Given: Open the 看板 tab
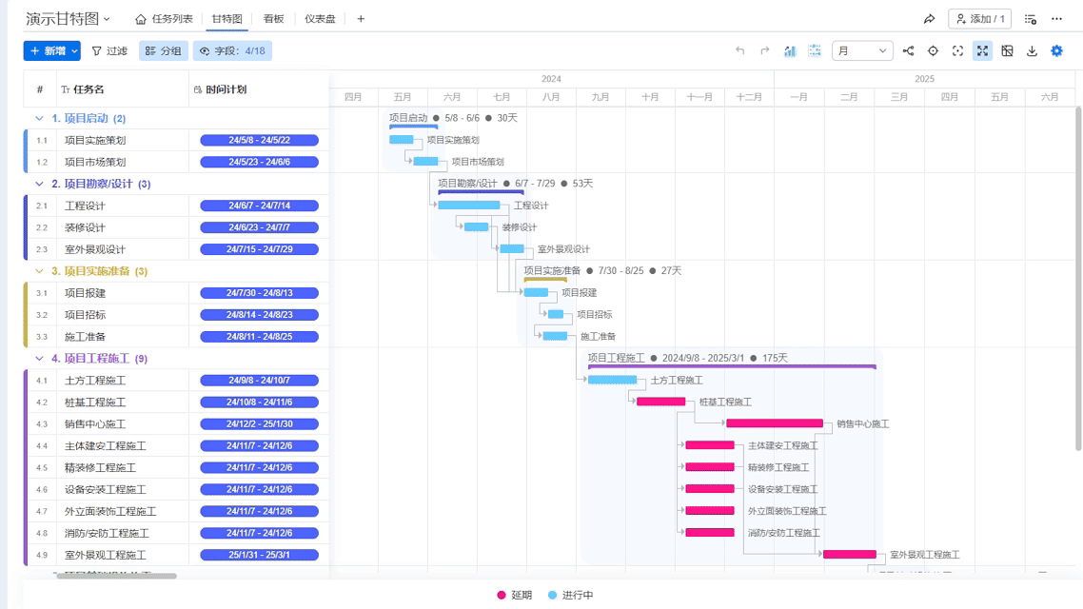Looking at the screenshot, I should [x=274, y=19].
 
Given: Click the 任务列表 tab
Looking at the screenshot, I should [x=165, y=19].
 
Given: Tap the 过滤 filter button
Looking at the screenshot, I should [x=109, y=51].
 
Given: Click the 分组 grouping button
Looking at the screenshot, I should [x=163, y=51].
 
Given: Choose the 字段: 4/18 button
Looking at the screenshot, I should [x=232, y=51].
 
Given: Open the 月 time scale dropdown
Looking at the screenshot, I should [x=862, y=51].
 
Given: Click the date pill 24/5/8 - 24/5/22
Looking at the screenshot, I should [x=259, y=140].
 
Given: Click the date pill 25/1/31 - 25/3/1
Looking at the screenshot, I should [x=259, y=555].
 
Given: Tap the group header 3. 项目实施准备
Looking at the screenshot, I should [x=99, y=271].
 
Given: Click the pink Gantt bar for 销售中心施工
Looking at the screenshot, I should [x=774, y=423].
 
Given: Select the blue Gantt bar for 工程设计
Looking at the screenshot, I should [x=468, y=206].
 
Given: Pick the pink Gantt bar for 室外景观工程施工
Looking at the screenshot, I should [x=849, y=555].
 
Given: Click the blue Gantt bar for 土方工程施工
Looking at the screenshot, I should [x=612, y=380].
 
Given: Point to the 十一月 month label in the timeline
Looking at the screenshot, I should [x=699, y=97].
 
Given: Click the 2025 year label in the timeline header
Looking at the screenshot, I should [x=924, y=79].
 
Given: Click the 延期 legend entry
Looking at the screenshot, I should [x=515, y=596].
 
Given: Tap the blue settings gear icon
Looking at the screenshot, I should [x=1056, y=51].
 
